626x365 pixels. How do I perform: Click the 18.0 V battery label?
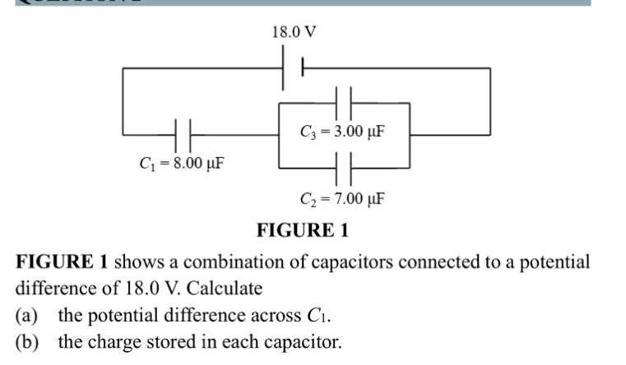tap(294, 33)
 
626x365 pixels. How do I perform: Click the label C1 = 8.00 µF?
tap(181, 163)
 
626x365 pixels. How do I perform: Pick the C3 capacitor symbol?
tap(345, 102)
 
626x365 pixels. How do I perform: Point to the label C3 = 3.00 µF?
tap(343, 132)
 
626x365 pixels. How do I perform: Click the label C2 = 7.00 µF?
tap(343, 199)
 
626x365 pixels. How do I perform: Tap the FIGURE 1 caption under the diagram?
tap(303, 230)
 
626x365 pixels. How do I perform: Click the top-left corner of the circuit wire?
tap(123, 70)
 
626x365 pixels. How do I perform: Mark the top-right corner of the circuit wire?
tap(490, 70)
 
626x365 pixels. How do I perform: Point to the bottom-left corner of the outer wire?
tap(123, 132)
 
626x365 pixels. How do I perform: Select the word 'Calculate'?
tap(226, 289)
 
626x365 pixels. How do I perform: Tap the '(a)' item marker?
tap(30, 316)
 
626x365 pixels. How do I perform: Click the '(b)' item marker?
tap(30, 342)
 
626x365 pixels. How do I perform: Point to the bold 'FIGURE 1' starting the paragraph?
tap(63, 262)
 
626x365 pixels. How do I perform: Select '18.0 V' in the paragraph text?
tap(147, 289)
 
